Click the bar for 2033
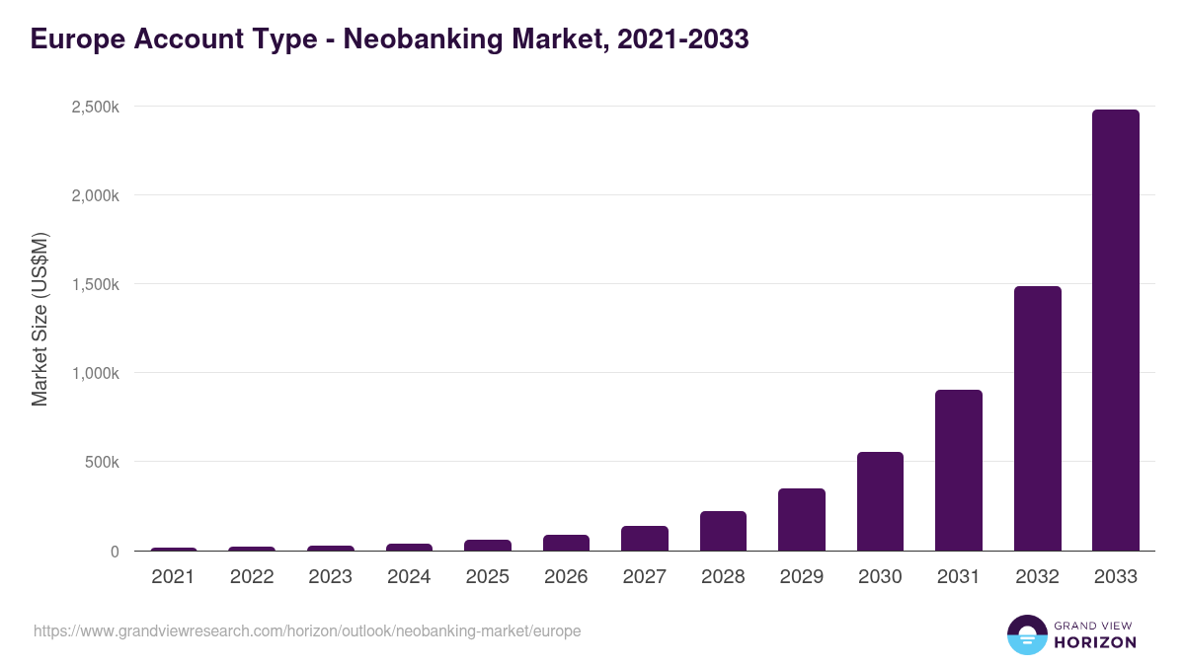point(1115,331)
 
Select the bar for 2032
point(1037,418)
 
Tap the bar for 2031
point(958,471)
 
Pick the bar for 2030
point(880,501)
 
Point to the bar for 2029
point(801,520)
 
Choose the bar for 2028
point(723,531)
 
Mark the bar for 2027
point(644,539)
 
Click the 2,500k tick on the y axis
point(96,107)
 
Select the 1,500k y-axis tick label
point(96,284)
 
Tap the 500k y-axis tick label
point(102,462)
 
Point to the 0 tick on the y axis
point(115,552)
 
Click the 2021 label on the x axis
point(173,577)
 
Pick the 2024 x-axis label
point(409,577)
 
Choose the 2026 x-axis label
point(566,577)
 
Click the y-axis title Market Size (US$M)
point(39,319)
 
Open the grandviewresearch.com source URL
point(307,630)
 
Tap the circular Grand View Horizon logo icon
point(1026,634)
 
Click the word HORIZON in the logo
point(1095,642)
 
